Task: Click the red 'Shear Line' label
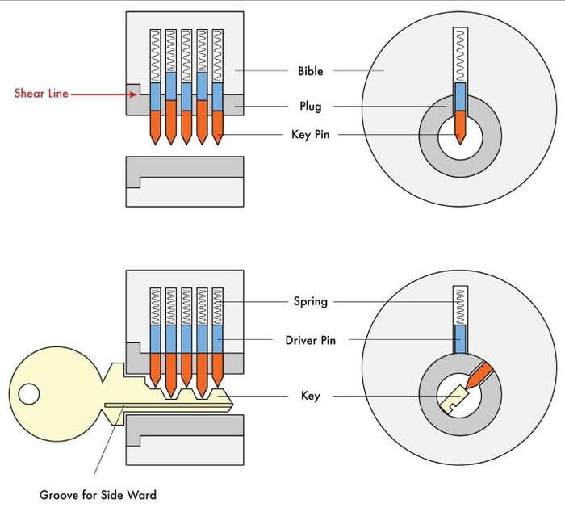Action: tap(41, 94)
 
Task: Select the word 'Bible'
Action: tap(310, 71)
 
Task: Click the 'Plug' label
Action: tap(309, 106)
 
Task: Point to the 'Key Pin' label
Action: tap(310, 135)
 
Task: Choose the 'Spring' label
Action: tap(310, 301)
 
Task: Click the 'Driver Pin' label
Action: tap(310, 340)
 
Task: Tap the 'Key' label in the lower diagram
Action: tap(310, 396)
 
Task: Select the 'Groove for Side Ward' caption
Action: tap(98, 494)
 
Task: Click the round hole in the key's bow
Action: tap(29, 394)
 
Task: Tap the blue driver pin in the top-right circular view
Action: tap(460, 97)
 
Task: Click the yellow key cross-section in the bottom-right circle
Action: tap(454, 397)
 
